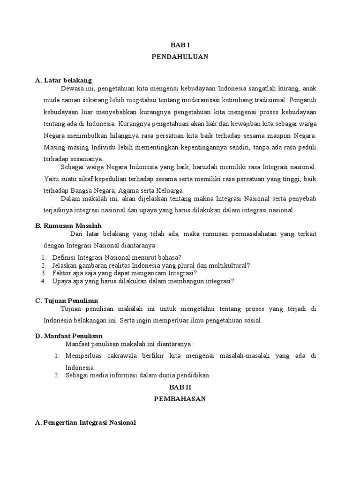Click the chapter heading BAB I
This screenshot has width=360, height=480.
click(x=180, y=45)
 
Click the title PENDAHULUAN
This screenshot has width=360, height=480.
click(x=180, y=57)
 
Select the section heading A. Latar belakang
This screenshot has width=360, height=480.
click(x=63, y=80)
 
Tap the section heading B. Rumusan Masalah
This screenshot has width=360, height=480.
click(x=68, y=225)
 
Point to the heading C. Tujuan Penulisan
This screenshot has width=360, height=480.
click(x=67, y=300)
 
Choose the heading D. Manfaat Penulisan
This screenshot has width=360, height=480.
click(x=68, y=336)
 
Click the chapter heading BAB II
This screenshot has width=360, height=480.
click(x=180, y=387)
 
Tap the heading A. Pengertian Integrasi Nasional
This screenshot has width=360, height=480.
click(x=85, y=422)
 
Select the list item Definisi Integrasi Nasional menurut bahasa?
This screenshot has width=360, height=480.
click(x=117, y=257)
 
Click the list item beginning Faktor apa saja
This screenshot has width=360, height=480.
click(x=125, y=273)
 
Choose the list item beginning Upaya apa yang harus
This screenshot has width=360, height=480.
click(x=143, y=281)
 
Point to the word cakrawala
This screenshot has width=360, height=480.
click(x=116, y=356)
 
